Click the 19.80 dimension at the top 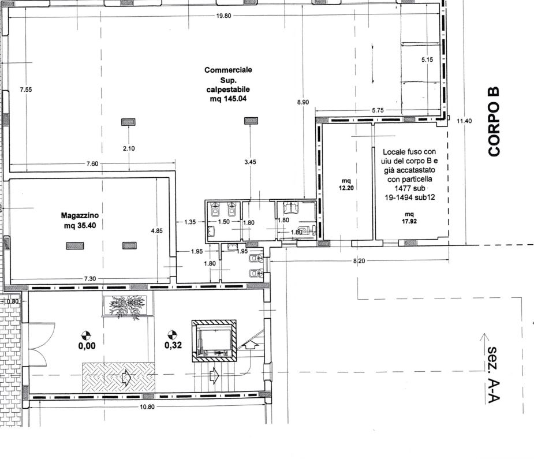coord(223,16)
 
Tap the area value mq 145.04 coord(228,99)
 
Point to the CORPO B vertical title coord(494,122)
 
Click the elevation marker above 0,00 coord(87,335)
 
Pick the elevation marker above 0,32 coord(173,335)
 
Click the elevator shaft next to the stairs coord(214,341)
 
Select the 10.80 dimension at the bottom coord(147,406)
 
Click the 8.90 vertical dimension coord(303,102)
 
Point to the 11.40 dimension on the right coord(464,121)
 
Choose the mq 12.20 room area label coord(346,184)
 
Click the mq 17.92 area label coord(409,218)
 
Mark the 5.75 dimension coord(378,110)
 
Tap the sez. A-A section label coord(494,375)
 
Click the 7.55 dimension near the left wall coord(26,89)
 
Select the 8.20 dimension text coord(359,261)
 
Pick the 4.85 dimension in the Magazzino coord(156,230)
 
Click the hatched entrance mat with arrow coord(118,377)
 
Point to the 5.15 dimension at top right coord(427,59)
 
